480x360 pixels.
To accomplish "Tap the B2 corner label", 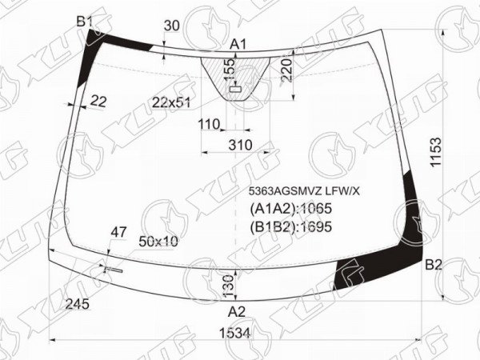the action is (434, 265).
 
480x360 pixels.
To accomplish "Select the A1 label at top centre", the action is (238, 45).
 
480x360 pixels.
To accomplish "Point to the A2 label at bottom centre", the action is (237, 312).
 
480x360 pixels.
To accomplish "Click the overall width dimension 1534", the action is (235, 333).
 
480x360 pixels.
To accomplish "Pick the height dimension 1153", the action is (436, 152).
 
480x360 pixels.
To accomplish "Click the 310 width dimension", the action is (240, 145).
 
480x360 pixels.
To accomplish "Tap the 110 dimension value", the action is (209, 124).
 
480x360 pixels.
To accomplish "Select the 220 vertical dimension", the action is (286, 70).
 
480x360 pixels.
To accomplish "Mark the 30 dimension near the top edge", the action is (172, 26).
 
